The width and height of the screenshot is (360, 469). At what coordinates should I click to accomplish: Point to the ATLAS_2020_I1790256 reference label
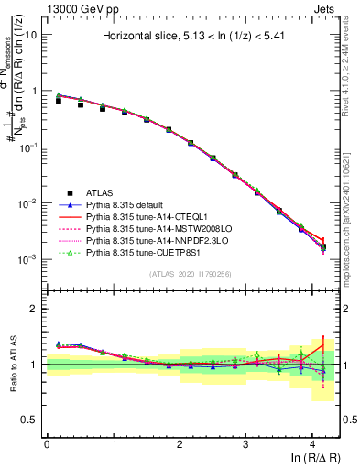point(191,274)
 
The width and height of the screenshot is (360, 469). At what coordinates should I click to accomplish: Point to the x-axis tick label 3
point(245,443)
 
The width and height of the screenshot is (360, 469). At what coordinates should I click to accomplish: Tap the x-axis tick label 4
point(312,443)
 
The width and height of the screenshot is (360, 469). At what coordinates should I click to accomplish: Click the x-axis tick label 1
point(114,443)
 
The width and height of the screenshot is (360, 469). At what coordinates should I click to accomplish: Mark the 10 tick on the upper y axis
point(30,35)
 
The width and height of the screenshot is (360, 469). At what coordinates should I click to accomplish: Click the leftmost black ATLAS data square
point(59,100)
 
